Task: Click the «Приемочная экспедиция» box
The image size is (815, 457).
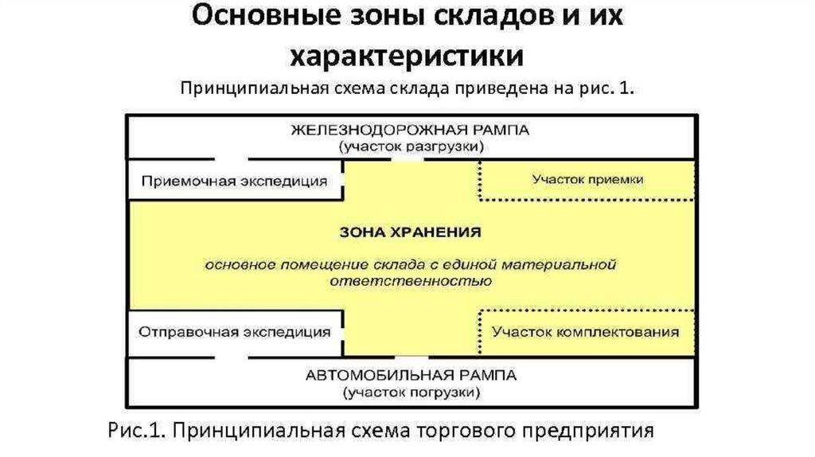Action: coord(235,180)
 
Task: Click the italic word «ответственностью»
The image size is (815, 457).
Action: coord(411,281)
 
